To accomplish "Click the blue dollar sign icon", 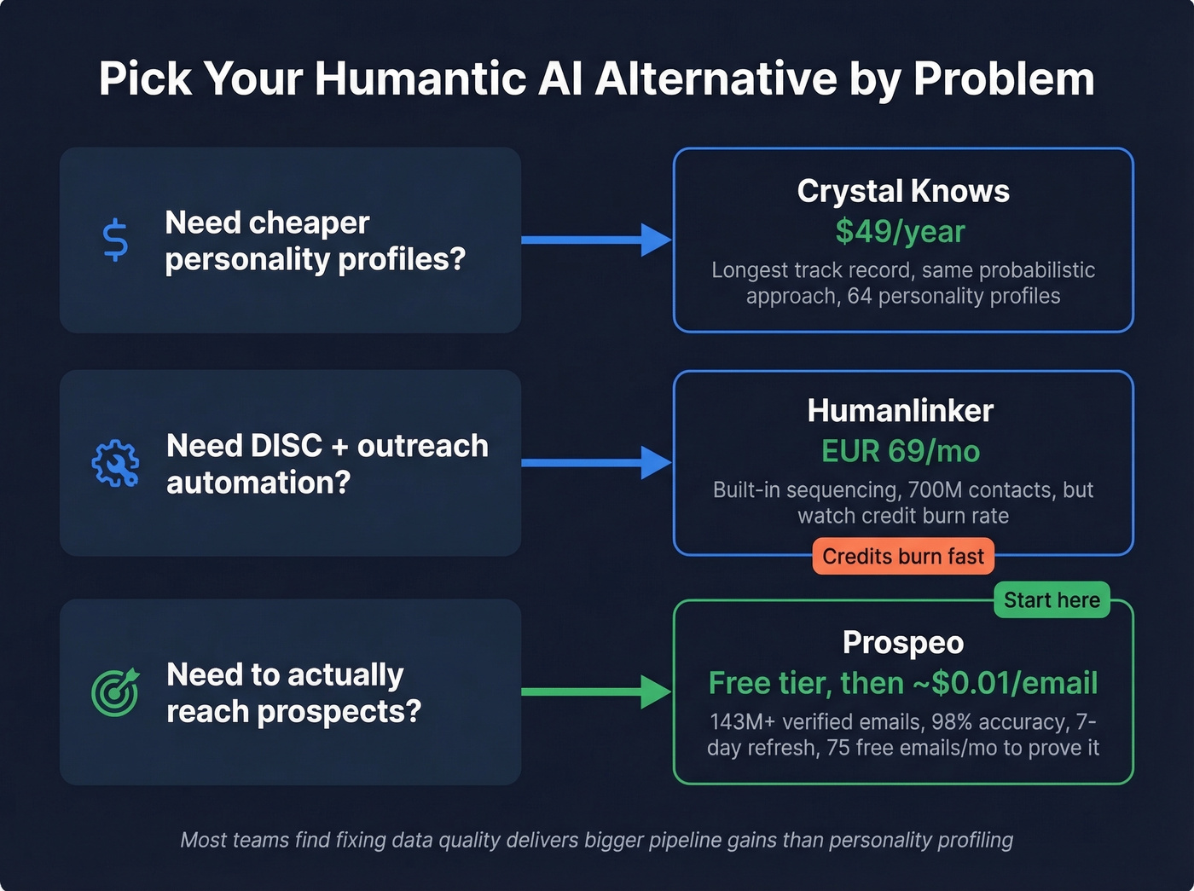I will tap(115, 240).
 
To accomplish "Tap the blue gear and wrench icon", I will tap(115, 463).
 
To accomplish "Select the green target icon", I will tap(115, 691).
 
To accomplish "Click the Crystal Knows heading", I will tap(903, 191).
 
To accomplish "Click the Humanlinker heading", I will tap(901, 411).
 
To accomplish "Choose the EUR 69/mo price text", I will tap(901, 451).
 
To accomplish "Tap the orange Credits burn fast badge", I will tap(903, 557).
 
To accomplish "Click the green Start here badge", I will tap(1052, 600).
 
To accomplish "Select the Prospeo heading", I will tap(903, 643).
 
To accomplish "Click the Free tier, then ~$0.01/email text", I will tap(903, 683).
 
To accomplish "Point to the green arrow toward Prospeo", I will tap(597, 691).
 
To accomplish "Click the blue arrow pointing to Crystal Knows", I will tap(597, 240).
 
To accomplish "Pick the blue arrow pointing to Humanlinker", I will tap(597, 463).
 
